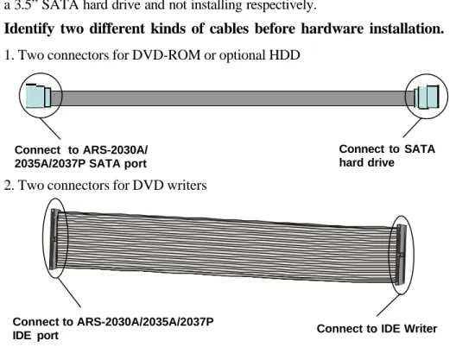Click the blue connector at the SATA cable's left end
point(38,96)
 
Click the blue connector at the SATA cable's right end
point(427,97)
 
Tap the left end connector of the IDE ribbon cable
point(54,239)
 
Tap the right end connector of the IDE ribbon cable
point(401,255)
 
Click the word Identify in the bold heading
point(29,29)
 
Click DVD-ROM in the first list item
point(166,55)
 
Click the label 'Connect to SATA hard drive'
point(387,156)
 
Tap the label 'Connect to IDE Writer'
point(377,329)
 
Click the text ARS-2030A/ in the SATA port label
point(116,150)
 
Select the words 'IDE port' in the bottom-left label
point(35,336)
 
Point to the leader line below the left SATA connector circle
point(50,129)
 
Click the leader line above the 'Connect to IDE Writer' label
point(389,305)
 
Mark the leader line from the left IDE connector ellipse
point(69,293)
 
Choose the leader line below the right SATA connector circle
point(412,128)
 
